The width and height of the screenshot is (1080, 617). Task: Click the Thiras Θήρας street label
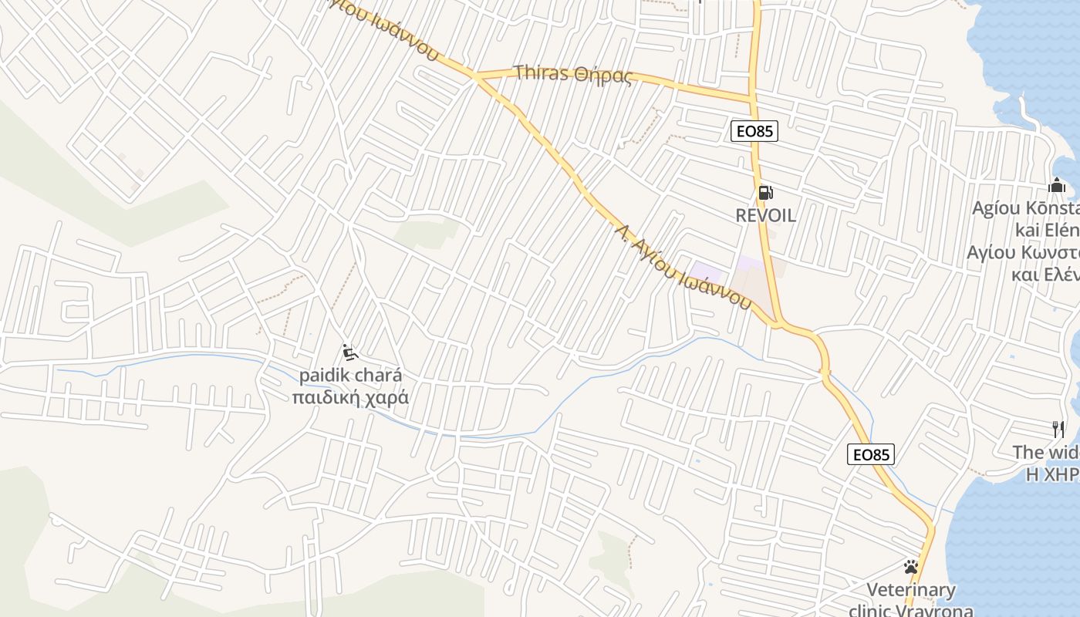pos(572,74)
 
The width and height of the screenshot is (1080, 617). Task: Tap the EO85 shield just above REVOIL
pos(754,131)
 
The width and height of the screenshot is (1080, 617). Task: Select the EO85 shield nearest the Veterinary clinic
pos(871,454)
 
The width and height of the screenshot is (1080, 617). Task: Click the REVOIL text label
pos(765,216)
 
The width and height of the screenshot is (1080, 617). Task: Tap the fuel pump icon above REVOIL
pos(764,193)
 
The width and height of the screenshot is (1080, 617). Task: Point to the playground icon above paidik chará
pos(349,353)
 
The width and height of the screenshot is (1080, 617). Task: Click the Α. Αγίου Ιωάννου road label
pos(683,267)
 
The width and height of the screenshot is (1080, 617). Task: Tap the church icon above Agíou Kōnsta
pos(1057,185)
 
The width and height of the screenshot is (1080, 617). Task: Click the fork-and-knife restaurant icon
pos(1058,429)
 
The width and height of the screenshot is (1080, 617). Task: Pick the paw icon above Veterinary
pos(911,567)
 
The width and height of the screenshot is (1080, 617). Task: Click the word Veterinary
pos(910,591)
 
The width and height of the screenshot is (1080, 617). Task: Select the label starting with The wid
pos(1045,452)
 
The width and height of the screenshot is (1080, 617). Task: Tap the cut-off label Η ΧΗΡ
pos(1052,474)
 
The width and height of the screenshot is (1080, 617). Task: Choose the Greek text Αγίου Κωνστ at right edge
pos(1023,252)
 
